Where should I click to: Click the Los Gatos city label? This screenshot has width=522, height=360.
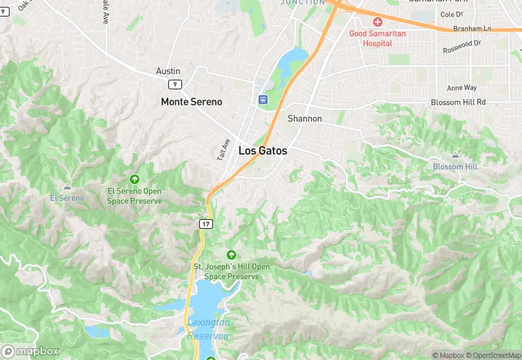point(263,150)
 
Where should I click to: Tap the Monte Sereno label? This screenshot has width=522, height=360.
point(192,102)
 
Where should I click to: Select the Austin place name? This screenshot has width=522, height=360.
point(168,71)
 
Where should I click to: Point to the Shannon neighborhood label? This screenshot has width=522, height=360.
point(305,118)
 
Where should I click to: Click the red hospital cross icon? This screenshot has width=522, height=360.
point(378,22)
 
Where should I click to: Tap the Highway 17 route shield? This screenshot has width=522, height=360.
point(206,224)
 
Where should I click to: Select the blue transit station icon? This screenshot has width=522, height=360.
point(263,100)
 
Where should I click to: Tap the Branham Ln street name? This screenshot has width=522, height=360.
point(473,29)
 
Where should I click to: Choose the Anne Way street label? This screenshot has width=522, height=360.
point(462,88)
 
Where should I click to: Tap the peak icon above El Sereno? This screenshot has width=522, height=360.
point(67,186)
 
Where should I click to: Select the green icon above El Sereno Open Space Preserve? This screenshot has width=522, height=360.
point(134,179)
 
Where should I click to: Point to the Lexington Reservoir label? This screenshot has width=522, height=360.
point(209,329)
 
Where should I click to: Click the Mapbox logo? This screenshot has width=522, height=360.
point(30,351)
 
